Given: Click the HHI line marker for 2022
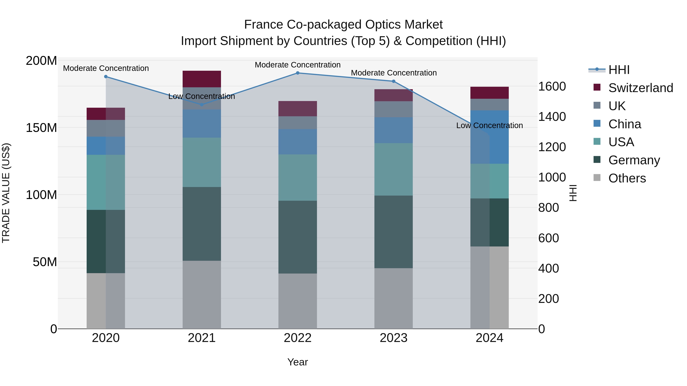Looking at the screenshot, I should click(x=298, y=73).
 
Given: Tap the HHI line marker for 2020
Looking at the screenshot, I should click(x=106, y=77).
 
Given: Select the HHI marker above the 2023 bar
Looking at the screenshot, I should click(x=394, y=81).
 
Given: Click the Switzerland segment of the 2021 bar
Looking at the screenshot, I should click(x=202, y=79).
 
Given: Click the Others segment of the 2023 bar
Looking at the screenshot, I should click(x=394, y=298).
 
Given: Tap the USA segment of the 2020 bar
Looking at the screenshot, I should click(x=106, y=182).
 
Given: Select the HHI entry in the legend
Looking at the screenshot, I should click(x=619, y=70).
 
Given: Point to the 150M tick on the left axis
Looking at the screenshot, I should click(x=41, y=128).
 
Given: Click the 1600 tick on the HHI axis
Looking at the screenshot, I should click(x=552, y=86).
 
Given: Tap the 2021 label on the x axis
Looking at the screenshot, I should click(x=202, y=338).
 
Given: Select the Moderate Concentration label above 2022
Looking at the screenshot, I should click(x=298, y=65).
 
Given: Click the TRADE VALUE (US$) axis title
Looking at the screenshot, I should click(x=6, y=193).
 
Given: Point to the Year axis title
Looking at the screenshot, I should click(x=298, y=362).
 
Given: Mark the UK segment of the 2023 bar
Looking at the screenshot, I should click(x=394, y=109).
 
